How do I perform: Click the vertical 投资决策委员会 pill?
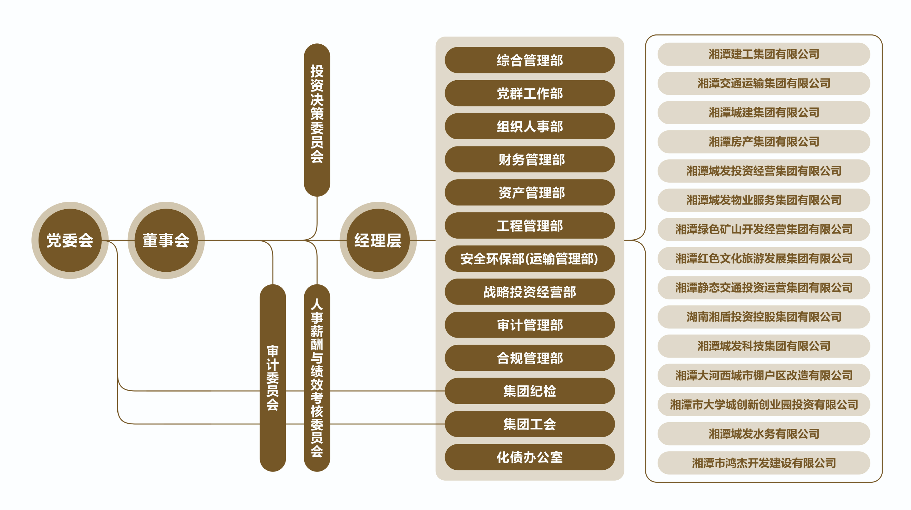pos(317,120)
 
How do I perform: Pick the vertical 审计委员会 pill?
pos(273,378)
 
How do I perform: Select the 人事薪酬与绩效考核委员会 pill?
pos(317,378)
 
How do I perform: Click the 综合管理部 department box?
pos(530,60)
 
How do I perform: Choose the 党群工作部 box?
pos(530,94)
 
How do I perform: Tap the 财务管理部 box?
pos(530,159)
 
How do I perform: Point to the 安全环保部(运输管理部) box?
pos(530,258)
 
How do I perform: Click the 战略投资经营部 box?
pos(530,292)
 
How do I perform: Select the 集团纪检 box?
pos(530,391)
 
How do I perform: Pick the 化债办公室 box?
pos(530,457)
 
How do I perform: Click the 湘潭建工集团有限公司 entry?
pos(764,54)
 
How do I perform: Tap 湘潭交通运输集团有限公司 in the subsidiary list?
pos(764,84)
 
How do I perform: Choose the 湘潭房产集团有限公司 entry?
pos(764,142)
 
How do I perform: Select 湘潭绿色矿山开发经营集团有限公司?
pos(764,229)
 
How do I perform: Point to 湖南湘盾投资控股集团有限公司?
pos(764,317)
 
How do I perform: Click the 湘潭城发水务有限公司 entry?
pos(764,434)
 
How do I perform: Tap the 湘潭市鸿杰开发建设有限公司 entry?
pos(764,463)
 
